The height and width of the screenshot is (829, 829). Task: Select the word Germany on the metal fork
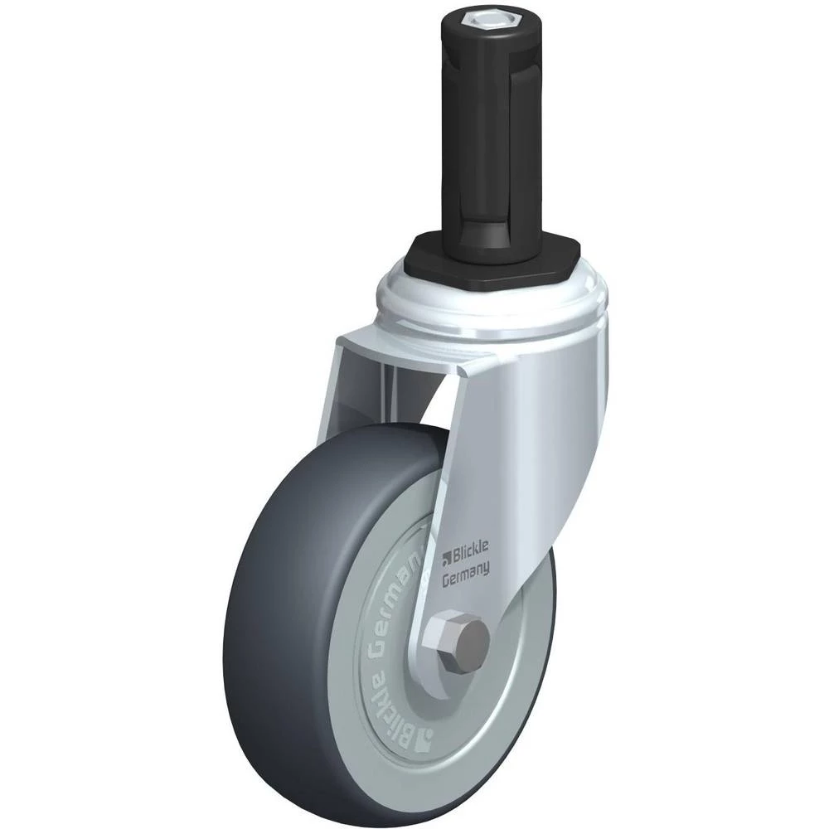[465, 575]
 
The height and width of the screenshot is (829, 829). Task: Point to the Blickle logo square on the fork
[446, 555]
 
